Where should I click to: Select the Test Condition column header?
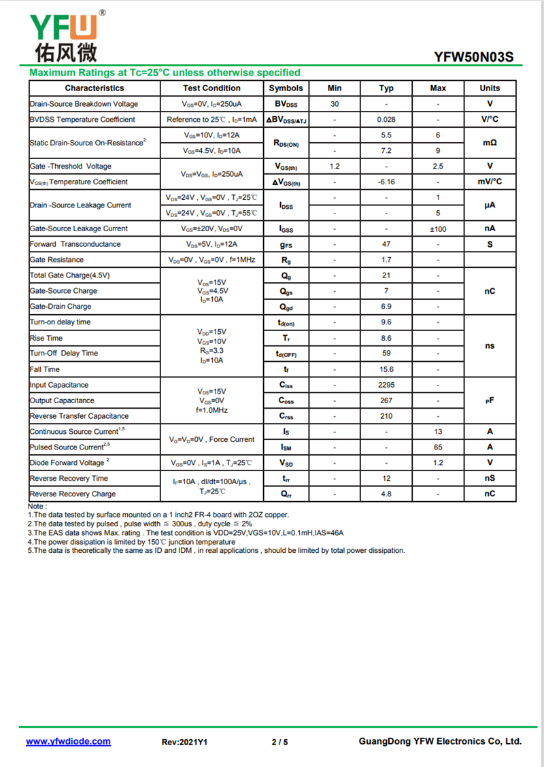point(211,88)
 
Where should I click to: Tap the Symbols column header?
point(286,88)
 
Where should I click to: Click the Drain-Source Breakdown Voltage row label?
point(84,104)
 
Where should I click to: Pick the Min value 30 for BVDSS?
point(335,104)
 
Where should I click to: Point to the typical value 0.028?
point(386,120)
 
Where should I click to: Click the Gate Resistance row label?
point(57,260)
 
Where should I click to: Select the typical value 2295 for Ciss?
point(386,385)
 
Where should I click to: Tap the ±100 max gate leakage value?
point(438,229)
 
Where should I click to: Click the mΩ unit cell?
point(490,143)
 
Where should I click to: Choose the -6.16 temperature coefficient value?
point(386,182)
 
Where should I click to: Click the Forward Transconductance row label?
point(75,244)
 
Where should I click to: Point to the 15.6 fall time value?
point(386,369)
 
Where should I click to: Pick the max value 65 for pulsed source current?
point(438,447)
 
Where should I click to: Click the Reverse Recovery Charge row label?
point(73,494)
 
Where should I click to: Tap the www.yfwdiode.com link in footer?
point(68,742)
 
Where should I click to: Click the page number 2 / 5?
point(279,742)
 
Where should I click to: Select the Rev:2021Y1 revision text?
point(184,742)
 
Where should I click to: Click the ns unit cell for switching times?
point(490,346)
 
